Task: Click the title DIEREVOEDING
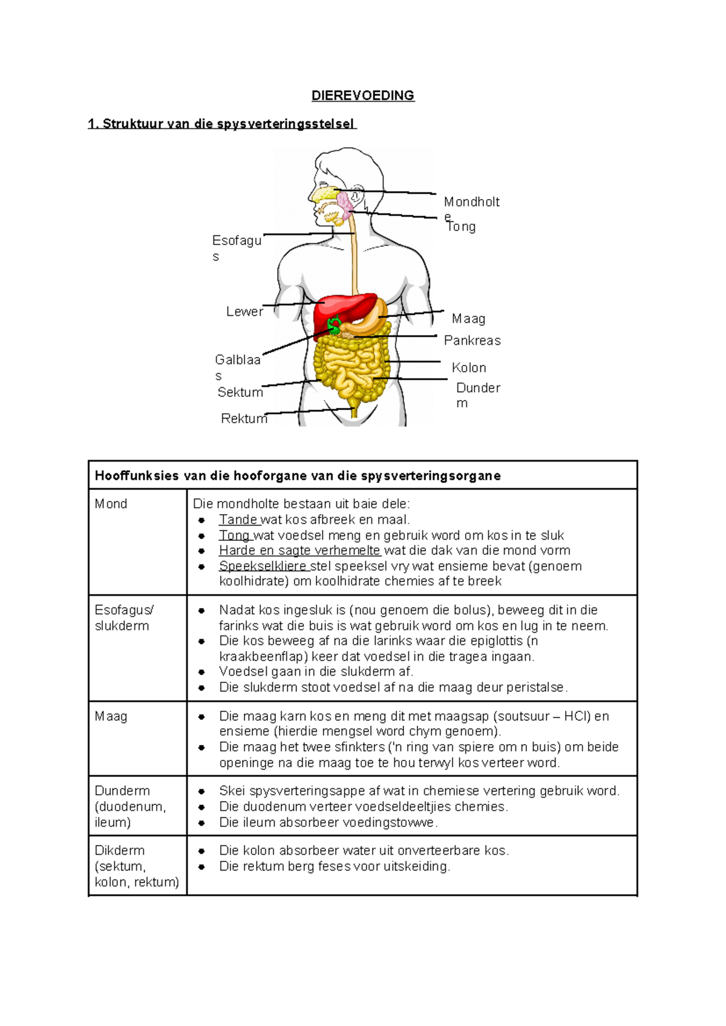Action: pyautogui.click(x=362, y=96)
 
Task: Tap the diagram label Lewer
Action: pyautogui.click(x=244, y=312)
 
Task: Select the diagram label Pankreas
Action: pyautogui.click(x=472, y=341)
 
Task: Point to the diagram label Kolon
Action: pyautogui.click(x=469, y=368)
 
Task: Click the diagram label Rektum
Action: pyautogui.click(x=244, y=419)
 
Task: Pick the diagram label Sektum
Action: pyautogui.click(x=240, y=392)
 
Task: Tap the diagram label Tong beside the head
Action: pyautogui.click(x=462, y=227)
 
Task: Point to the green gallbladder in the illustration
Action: pyautogui.click(x=333, y=325)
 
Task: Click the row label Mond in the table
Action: pyautogui.click(x=111, y=504)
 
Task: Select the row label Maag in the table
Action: pyautogui.click(x=111, y=716)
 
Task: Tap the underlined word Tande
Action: pyautogui.click(x=238, y=520)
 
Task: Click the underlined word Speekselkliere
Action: pyautogui.click(x=263, y=566)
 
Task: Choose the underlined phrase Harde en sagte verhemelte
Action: pyautogui.click(x=299, y=551)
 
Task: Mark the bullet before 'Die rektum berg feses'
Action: pyautogui.click(x=202, y=867)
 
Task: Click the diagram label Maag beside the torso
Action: pyautogui.click(x=468, y=319)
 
